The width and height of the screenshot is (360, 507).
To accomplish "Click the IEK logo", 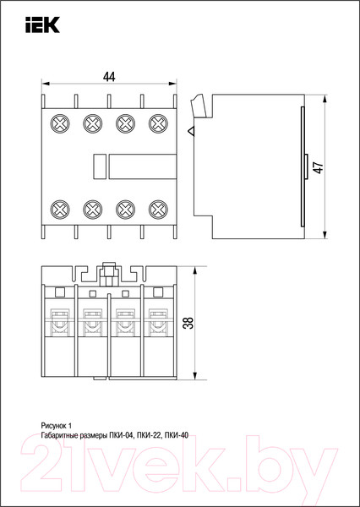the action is [x=43, y=25].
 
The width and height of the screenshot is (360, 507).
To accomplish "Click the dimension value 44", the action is [x=109, y=77].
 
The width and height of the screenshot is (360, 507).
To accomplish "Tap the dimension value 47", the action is [x=319, y=167].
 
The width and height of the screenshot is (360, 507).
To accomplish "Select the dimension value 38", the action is [x=190, y=323].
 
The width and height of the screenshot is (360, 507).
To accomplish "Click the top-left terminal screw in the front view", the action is [x=60, y=123].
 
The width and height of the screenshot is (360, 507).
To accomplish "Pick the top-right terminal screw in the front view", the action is [x=158, y=123].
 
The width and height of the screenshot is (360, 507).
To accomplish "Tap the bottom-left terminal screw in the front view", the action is [x=60, y=210].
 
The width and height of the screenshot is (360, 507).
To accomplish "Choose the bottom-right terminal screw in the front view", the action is [x=158, y=210].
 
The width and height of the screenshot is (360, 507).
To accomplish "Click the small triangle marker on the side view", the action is [x=191, y=131].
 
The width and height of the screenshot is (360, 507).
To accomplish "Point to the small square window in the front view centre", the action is [x=100, y=166].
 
